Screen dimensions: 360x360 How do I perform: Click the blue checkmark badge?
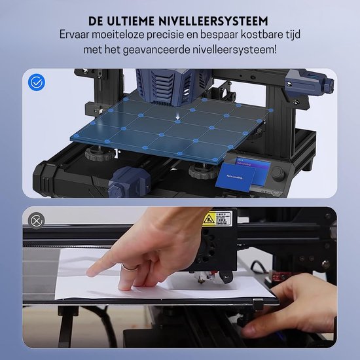click(37, 82)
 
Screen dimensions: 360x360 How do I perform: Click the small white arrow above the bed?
click(178, 119)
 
